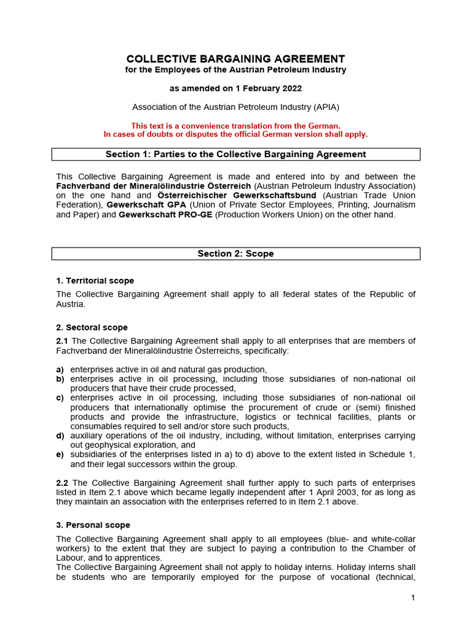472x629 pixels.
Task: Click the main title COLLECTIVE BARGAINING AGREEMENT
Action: (x=235, y=59)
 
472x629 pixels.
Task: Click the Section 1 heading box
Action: (x=235, y=154)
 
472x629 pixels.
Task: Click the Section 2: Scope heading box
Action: (x=235, y=254)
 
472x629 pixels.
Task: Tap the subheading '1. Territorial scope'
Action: (x=95, y=281)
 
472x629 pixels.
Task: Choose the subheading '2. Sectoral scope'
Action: (x=92, y=327)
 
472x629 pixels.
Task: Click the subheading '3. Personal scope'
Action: (x=93, y=525)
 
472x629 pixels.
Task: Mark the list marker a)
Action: (x=60, y=370)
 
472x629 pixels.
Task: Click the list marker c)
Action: (x=60, y=398)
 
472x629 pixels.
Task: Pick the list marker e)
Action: (x=60, y=455)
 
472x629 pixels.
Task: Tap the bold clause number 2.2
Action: (x=63, y=483)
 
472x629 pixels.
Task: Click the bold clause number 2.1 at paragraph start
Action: (x=63, y=341)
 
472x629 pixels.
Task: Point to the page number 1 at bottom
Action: (x=414, y=598)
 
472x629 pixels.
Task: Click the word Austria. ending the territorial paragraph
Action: (x=71, y=304)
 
